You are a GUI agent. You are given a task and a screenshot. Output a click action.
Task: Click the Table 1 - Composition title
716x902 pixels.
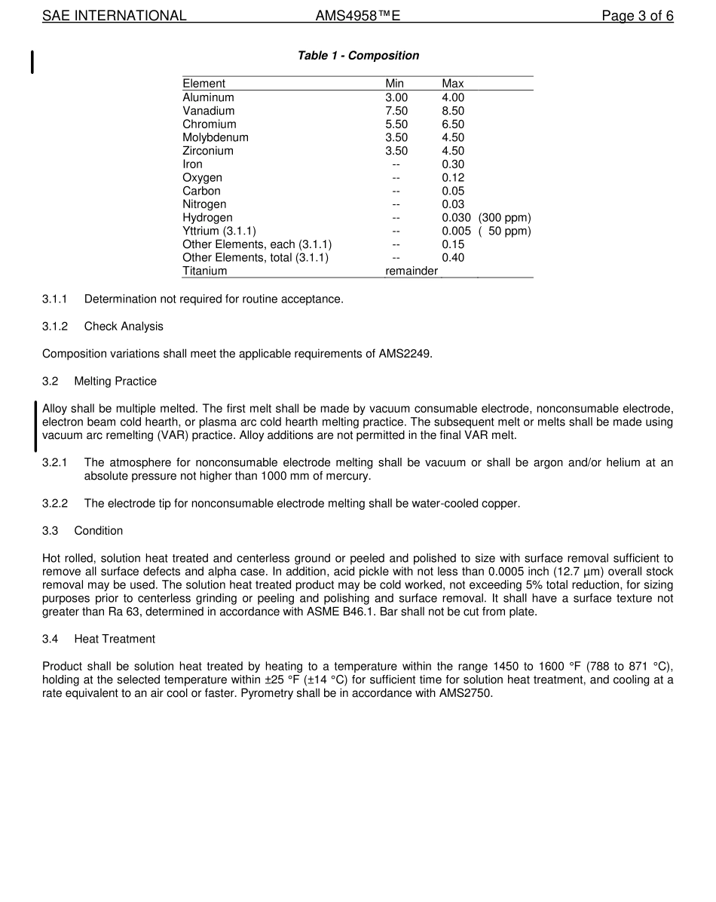click(x=358, y=56)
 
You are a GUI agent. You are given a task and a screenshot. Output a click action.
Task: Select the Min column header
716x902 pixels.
click(x=394, y=84)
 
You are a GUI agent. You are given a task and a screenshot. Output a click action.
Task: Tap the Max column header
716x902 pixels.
click(x=452, y=84)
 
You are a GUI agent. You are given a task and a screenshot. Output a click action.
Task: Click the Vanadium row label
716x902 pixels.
click(x=208, y=111)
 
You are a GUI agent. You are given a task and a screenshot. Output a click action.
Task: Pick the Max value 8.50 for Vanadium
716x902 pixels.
click(x=453, y=111)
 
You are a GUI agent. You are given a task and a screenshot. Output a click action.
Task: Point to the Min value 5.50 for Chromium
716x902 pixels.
click(x=396, y=124)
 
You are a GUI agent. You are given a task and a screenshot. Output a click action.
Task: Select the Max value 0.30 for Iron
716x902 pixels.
click(x=453, y=164)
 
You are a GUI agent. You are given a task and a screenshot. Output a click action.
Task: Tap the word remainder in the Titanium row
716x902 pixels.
click(x=412, y=272)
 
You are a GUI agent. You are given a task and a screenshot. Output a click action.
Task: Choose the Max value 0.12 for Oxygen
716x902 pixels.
click(x=453, y=178)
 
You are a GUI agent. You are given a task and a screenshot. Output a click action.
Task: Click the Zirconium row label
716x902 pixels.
click(x=208, y=151)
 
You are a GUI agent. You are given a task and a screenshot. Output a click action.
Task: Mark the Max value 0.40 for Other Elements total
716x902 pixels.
click(x=453, y=258)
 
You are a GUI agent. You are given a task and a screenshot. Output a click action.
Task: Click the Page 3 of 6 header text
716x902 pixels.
click(x=637, y=16)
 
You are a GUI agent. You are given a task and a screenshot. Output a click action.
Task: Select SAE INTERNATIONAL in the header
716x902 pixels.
click(x=115, y=16)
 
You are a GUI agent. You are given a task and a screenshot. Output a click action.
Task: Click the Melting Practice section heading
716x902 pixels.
click(x=115, y=382)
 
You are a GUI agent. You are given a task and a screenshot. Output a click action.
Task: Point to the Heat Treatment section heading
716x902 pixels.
click(x=115, y=640)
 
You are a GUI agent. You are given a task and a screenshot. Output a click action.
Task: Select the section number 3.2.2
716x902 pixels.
click(x=55, y=504)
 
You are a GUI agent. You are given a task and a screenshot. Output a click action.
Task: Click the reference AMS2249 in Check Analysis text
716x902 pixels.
click(x=405, y=354)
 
